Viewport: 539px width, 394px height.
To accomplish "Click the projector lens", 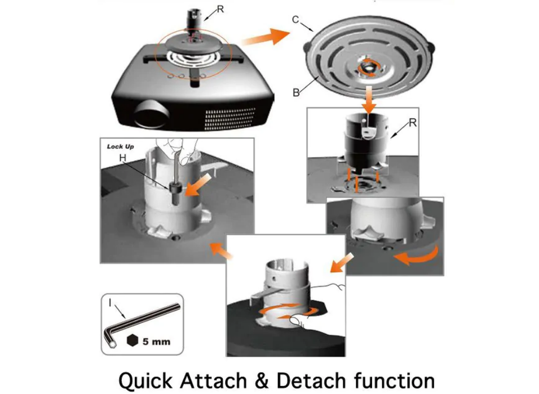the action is click(x=152, y=114).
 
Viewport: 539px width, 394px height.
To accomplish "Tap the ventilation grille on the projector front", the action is click(x=230, y=119).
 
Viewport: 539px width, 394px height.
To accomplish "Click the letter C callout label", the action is click(x=295, y=20).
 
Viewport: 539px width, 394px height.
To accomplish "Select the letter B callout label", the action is click(x=295, y=93).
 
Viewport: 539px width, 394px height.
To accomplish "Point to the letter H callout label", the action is click(x=123, y=158).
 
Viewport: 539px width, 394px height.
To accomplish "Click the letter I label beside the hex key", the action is click(x=110, y=302).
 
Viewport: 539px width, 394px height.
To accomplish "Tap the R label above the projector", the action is click(x=220, y=9).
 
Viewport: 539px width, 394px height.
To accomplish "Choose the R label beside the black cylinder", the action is click(x=413, y=123).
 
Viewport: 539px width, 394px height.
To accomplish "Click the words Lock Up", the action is click(x=120, y=146).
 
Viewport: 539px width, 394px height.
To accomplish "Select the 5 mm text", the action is click(x=156, y=342).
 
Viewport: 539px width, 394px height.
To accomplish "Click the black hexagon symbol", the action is click(x=132, y=340).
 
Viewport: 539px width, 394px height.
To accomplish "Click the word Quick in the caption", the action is click(x=145, y=380).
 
